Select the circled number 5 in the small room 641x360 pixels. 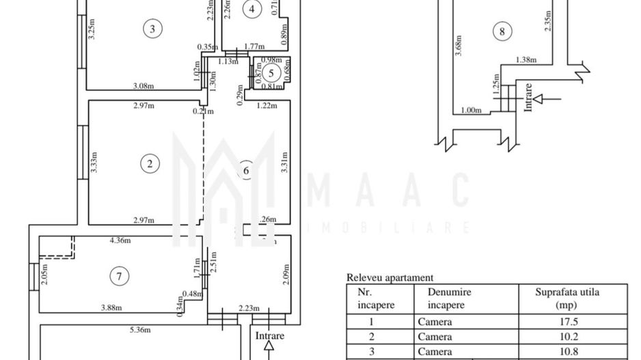(x=271, y=72)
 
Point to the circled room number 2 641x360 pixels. (x=149, y=163)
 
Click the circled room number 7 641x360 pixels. (x=120, y=276)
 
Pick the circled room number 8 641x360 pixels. (x=502, y=31)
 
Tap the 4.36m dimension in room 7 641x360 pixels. (x=120, y=240)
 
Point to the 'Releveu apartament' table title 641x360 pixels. (x=390, y=277)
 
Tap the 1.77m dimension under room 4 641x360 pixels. (x=255, y=46)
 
